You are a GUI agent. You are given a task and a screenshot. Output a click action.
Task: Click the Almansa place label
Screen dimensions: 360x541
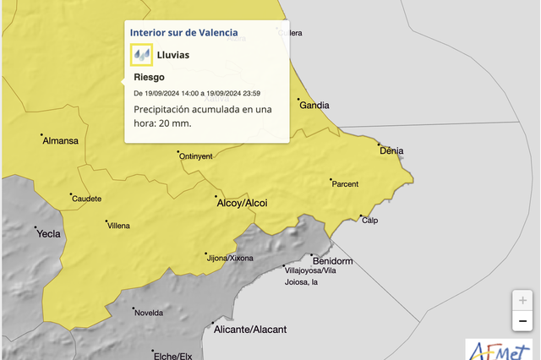point(60,140)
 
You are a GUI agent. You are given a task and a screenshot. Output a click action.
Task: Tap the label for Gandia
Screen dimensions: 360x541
point(314,106)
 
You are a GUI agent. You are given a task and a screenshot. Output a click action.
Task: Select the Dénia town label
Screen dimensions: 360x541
point(392,151)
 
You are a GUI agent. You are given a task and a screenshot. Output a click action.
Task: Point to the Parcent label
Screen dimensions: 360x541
point(345,184)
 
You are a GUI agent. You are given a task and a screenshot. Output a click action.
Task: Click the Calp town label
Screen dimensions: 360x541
point(369,221)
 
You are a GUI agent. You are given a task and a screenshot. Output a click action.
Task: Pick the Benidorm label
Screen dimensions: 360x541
point(332,260)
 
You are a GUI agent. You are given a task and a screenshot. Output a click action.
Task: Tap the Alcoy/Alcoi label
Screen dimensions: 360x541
point(243,204)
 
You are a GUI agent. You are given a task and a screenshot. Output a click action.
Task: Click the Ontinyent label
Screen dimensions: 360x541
point(196,156)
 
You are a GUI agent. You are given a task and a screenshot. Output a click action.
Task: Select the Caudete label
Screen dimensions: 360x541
point(87,199)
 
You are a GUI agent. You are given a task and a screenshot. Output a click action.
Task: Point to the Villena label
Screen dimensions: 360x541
point(117,226)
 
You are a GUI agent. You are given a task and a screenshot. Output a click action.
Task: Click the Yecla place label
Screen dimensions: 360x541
point(49,234)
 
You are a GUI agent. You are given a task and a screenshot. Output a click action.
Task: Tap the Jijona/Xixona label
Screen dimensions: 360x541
point(230,258)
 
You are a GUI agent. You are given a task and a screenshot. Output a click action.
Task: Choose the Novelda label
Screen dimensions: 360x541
point(149,313)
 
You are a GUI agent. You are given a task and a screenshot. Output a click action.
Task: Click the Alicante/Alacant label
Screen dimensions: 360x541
point(250,329)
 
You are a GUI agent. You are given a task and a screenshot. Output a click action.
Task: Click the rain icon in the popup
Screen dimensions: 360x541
point(141,55)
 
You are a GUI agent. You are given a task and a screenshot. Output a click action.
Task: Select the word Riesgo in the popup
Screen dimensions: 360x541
point(150,77)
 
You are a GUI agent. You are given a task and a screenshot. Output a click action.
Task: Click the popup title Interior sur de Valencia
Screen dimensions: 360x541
point(183,32)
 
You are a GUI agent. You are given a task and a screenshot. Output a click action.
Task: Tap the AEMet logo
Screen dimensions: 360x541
point(502,348)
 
